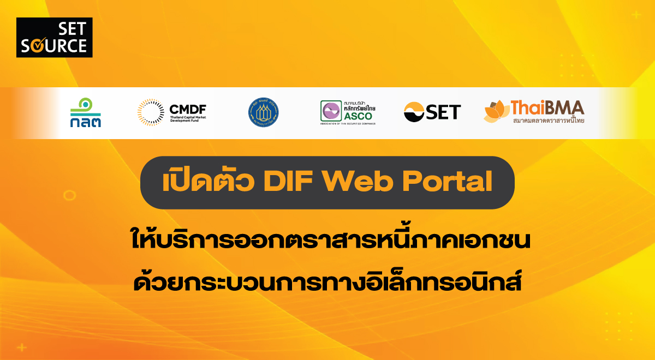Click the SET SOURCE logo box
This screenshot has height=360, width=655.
(55, 38)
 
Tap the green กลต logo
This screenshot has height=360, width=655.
(85, 112)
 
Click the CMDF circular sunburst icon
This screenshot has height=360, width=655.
(151, 112)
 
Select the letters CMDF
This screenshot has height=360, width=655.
(188, 108)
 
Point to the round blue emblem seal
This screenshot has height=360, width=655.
(264, 112)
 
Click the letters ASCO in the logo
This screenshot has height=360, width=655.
(358, 116)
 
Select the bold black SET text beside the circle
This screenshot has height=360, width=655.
(443, 112)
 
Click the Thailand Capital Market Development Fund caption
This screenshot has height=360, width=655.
(188, 119)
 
